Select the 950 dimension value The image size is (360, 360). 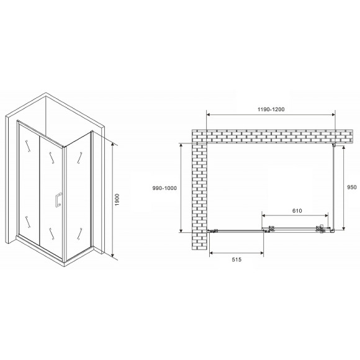pos(352,187)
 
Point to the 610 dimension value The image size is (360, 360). pos(297,210)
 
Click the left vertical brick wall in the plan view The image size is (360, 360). pos(200,192)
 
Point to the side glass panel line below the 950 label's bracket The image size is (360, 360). pos(336,186)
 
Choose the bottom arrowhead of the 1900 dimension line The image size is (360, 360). pos(112,255)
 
